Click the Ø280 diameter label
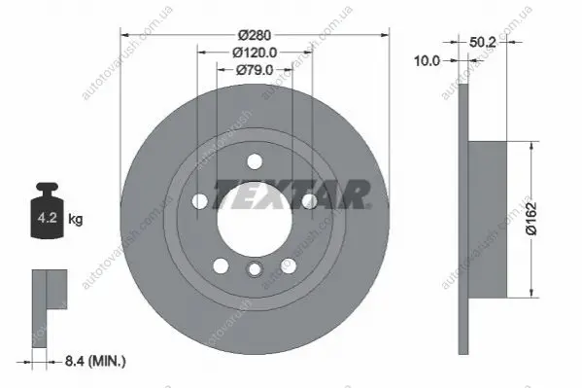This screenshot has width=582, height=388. pos(255,35)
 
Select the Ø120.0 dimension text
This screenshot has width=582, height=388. pos(255,53)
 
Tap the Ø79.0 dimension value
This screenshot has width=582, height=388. pos(255,70)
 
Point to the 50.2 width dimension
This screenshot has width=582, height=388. pos(483,43)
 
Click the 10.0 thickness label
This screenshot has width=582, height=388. pos(427,60)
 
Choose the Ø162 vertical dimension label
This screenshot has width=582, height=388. pos(531,219)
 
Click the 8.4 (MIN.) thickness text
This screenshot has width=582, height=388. pos(95,361)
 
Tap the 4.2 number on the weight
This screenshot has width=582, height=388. pos(48,218)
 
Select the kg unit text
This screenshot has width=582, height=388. pos(76,219)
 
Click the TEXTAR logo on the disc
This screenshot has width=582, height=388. pos(291,194)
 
